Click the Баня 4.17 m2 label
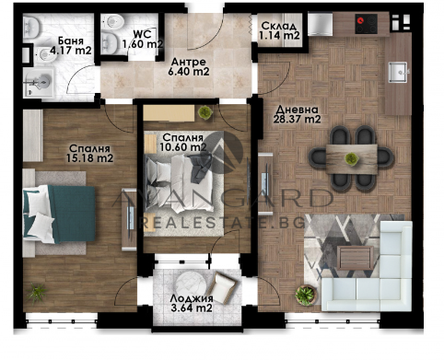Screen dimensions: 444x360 coord(70,46)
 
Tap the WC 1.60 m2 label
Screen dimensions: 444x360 coord(143,40)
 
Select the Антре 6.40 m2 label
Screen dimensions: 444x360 coord(189,66)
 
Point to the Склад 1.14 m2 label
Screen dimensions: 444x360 coord(279,30)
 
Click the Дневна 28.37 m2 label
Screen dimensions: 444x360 coord(297,114)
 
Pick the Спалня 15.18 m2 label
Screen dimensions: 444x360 coord(89,153)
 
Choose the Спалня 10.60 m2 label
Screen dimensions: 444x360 coord(183,142)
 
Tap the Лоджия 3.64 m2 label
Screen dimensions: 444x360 coord(192,303)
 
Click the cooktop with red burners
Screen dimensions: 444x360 coord(367,24)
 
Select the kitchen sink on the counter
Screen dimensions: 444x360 coord(398,72)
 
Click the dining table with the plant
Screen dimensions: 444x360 coord(352,159)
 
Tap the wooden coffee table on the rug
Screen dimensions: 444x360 coord(356,258)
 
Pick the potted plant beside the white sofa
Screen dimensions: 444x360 coord(305,296)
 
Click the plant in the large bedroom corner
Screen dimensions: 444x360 coord(37,292)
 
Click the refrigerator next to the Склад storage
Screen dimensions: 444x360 coord(320,24)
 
